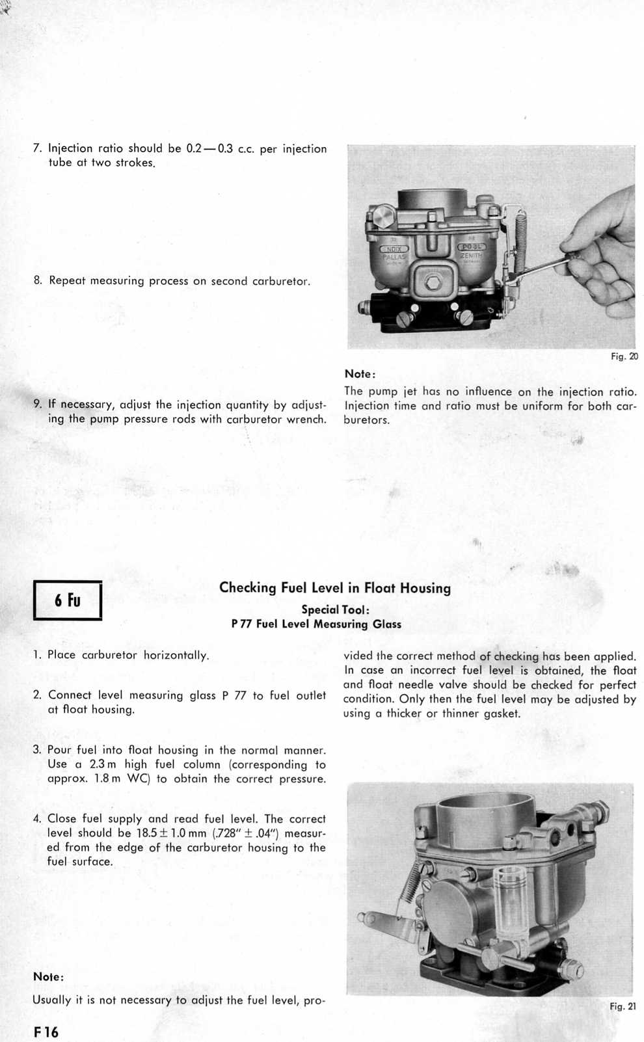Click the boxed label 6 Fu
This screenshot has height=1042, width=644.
pos(68,599)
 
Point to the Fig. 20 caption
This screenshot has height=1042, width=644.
pos(624,356)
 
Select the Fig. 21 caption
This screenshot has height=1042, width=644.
pos(623,1006)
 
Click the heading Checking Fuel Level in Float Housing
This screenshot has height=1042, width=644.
pos(334,588)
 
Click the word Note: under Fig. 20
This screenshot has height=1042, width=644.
pos(360,374)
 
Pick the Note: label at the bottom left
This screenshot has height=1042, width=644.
pos(48,977)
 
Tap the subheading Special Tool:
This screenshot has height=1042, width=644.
pos(335,610)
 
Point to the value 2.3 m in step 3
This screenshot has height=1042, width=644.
pos(103,764)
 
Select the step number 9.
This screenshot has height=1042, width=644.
pos(38,405)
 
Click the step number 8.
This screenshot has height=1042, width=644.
pos(38,281)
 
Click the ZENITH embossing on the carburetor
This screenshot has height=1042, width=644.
pos(470,256)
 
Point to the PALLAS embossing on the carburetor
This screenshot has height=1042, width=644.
pos(394,256)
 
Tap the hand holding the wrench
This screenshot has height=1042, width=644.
pos(598,260)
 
